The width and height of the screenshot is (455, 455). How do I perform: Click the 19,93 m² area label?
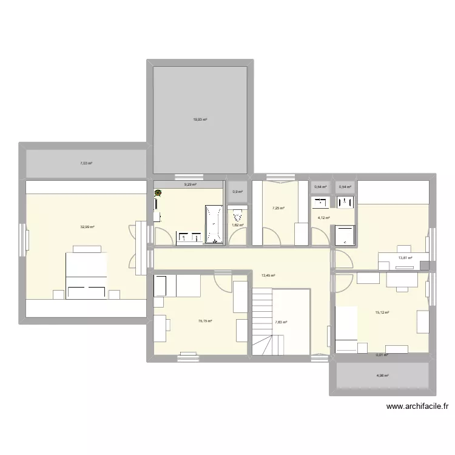click(200, 120)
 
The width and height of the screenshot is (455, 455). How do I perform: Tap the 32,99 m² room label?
click(87, 227)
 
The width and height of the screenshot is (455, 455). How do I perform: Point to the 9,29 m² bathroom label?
click(190, 184)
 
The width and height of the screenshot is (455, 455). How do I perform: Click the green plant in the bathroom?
click(159, 194)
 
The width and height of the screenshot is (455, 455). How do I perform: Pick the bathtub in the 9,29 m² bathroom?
click(215, 224)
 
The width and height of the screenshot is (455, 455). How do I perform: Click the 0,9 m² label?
click(237, 192)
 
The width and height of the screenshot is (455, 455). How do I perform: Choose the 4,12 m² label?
click(323, 218)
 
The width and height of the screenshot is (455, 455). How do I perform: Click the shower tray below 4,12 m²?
click(343, 235)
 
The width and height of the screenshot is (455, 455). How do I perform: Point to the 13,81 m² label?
click(405, 258)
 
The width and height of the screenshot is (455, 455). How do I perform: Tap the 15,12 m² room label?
click(382, 312)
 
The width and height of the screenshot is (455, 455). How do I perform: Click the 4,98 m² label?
click(382, 376)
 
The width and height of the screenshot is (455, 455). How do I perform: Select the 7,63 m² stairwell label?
click(281, 322)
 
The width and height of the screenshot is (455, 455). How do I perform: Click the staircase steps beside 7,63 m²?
click(262, 322)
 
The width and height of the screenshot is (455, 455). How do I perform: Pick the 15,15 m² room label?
click(205, 321)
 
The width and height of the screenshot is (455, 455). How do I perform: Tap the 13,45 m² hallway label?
click(268, 275)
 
